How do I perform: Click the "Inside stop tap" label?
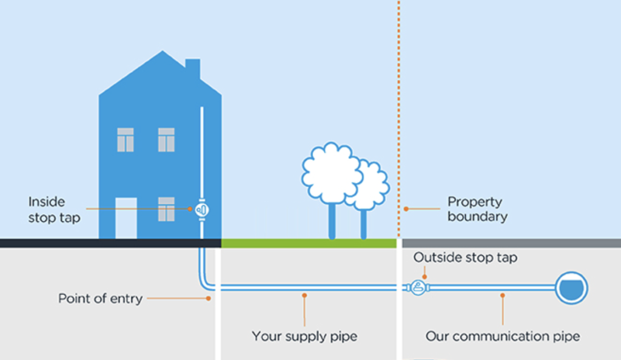point(54,210)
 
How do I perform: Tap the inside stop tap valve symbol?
point(202,210)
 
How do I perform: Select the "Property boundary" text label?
point(477,209)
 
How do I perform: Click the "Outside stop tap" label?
point(465,258)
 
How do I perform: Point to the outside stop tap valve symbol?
point(418,287)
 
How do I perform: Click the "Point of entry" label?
point(100,298)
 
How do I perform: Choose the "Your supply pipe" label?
point(304,336)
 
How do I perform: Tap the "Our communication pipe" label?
point(502,336)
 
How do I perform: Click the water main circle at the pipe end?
point(572,287)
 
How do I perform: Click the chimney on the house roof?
point(192,68)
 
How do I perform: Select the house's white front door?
point(126,218)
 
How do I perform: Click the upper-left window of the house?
point(126,140)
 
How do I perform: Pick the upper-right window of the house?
point(166,140)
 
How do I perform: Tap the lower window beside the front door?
point(166,209)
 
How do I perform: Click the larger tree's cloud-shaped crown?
point(332,173)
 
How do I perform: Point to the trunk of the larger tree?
point(332,221)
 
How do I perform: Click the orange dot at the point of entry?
point(209,298)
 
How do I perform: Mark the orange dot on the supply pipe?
point(304,296)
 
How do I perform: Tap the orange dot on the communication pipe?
point(502,296)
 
